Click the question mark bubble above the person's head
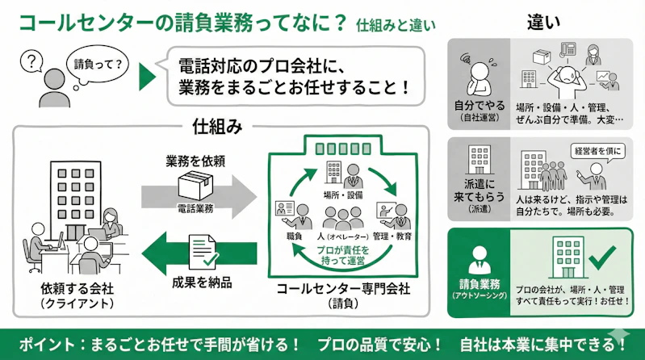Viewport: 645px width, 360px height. (x=31, y=60)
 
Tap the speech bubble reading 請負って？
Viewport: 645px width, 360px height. (x=96, y=63)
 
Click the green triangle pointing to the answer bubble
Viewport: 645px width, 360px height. (x=147, y=77)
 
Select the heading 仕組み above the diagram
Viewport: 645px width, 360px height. (x=218, y=127)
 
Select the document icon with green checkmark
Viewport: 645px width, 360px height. (x=202, y=249)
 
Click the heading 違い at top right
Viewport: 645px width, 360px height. (x=544, y=22)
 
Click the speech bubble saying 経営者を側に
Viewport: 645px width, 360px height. (x=598, y=152)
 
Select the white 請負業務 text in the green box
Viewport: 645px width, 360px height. (x=479, y=283)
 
